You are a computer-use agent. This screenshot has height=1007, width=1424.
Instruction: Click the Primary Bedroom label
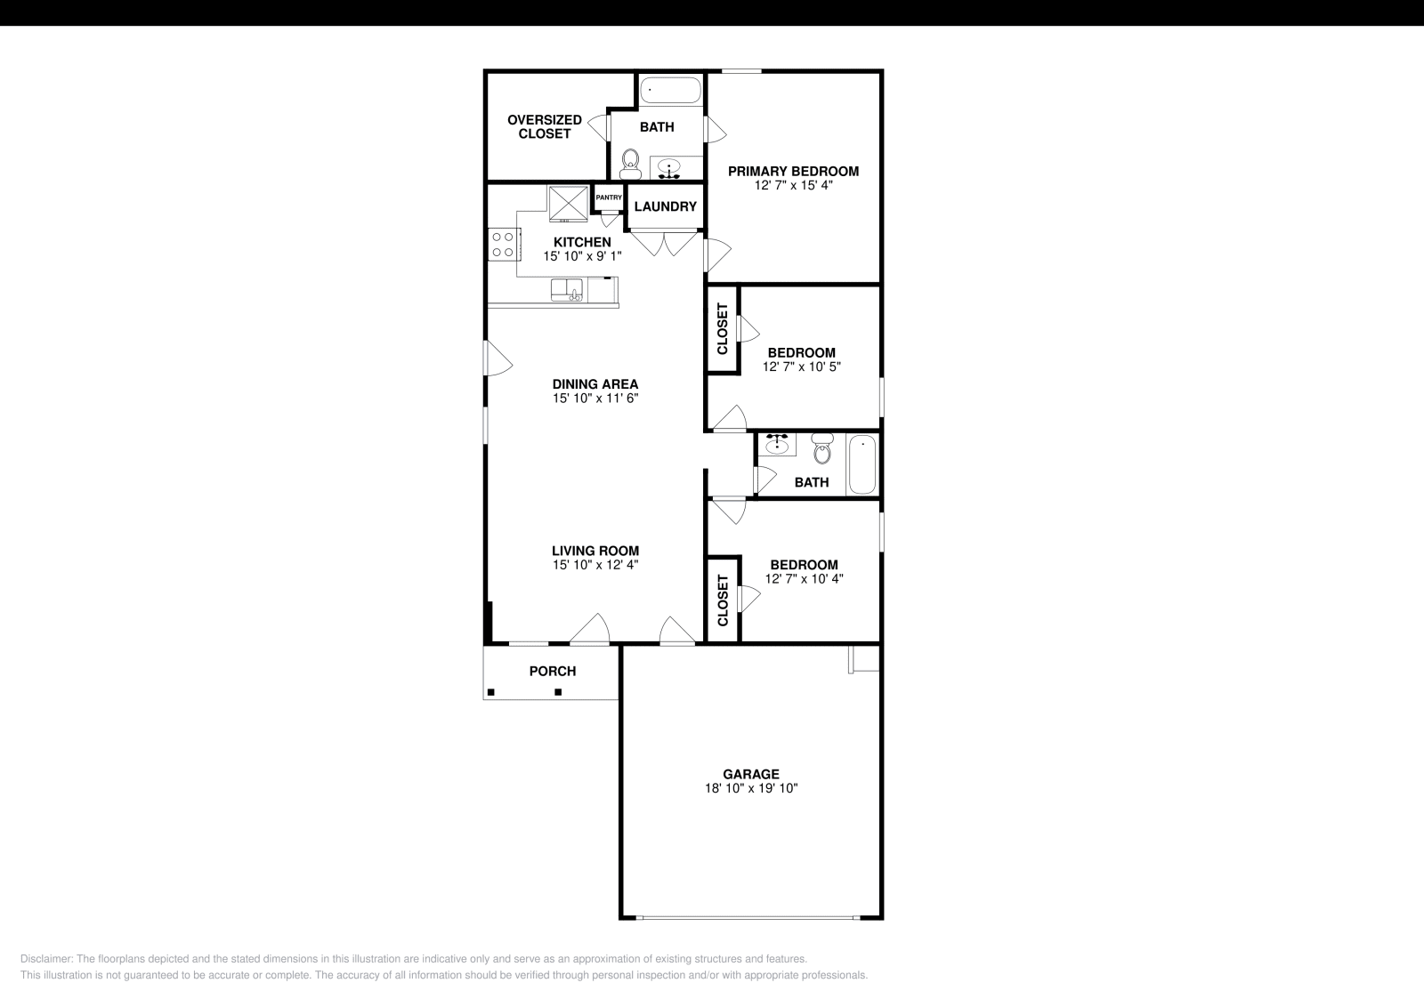793,172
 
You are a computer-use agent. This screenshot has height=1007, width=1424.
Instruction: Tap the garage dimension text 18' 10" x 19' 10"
751,788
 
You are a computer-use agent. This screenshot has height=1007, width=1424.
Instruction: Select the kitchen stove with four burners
502,244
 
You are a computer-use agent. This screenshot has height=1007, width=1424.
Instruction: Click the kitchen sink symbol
566,290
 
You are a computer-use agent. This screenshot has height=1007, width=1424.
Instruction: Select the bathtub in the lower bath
862,463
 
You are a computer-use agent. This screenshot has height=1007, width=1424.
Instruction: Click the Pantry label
609,197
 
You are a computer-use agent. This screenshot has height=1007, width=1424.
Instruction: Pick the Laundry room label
665,206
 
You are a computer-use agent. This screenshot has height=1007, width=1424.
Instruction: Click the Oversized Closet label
545,126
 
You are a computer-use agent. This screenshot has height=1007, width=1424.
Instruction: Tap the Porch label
553,672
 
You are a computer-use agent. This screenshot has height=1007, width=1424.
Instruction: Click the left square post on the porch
490,692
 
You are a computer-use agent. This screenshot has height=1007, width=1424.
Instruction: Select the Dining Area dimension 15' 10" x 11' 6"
595,399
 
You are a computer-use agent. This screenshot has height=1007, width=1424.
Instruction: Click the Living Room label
595,551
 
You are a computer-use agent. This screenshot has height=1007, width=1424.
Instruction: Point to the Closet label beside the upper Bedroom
723,328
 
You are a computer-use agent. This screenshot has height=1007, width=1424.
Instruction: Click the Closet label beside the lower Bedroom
723,600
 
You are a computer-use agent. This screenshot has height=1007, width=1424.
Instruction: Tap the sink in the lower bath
778,444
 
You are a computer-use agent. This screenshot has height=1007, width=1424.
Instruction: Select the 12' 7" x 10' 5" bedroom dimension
801,367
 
